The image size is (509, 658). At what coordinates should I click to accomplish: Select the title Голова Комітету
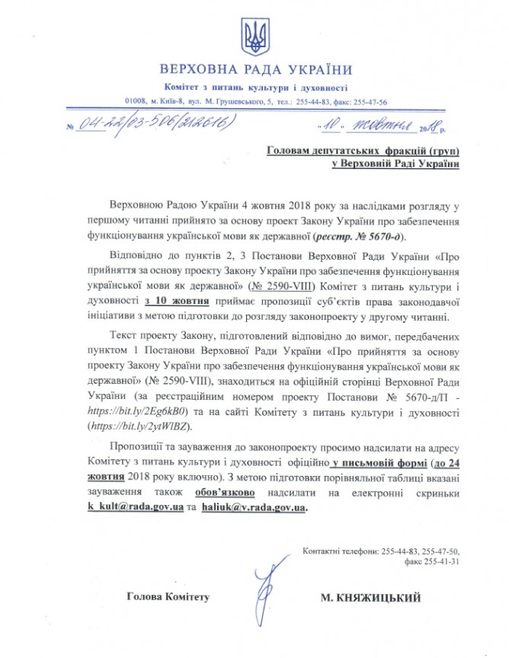pos(168,599)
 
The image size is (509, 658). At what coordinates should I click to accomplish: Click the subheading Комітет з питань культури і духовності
pos(254,88)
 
